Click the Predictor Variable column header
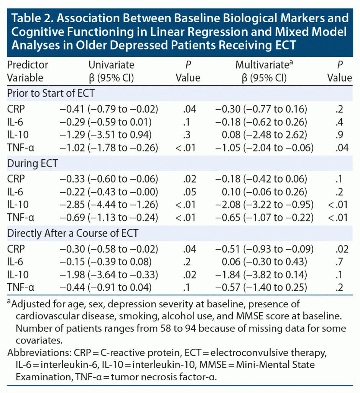point(28,71)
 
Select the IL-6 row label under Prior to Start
point(15,122)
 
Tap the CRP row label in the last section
point(15,249)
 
